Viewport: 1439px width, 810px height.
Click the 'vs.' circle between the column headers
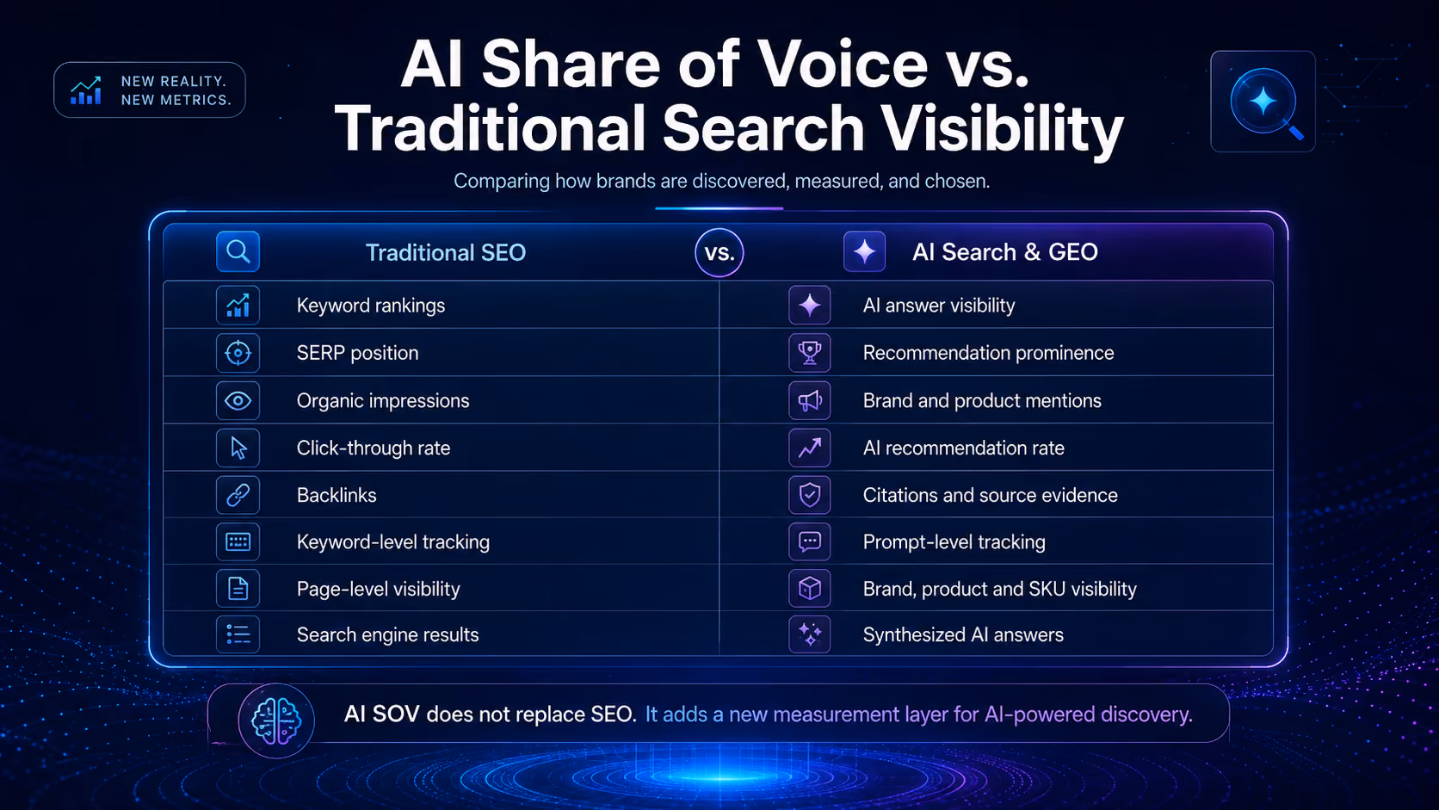point(719,252)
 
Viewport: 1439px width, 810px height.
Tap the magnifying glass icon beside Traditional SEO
point(238,252)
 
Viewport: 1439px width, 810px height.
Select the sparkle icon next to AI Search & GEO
point(864,252)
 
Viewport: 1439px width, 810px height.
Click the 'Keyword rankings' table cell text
point(371,305)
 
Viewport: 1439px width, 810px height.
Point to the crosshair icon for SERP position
point(238,353)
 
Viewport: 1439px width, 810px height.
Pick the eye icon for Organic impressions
point(238,401)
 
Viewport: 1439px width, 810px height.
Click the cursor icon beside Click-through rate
point(238,448)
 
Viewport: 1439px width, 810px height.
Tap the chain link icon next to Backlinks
point(238,495)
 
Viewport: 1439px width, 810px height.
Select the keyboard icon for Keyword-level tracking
point(238,542)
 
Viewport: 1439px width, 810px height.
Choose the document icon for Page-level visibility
point(238,589)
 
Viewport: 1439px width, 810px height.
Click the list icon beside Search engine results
point(238,634)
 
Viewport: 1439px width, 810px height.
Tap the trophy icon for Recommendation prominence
point(809,353)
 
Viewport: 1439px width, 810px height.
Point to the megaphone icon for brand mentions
point(809,401)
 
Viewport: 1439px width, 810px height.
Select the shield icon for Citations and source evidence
point(809,495)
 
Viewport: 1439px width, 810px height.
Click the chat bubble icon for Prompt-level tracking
point(809,542)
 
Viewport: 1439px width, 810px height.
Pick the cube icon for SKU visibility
point(809,589)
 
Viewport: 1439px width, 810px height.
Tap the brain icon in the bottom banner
point(276,720)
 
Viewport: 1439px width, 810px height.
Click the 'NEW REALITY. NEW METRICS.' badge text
point(176,90)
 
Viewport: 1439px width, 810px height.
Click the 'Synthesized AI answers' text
point(963,634)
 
